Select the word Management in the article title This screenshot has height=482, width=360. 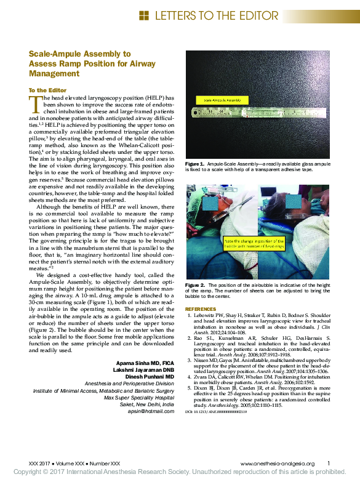54,73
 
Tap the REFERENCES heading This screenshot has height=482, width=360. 201,308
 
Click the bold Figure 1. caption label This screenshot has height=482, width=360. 194,164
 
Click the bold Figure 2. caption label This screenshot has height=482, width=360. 194,285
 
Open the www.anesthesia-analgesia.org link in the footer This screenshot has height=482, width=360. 278,463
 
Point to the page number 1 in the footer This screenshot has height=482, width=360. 329,463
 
